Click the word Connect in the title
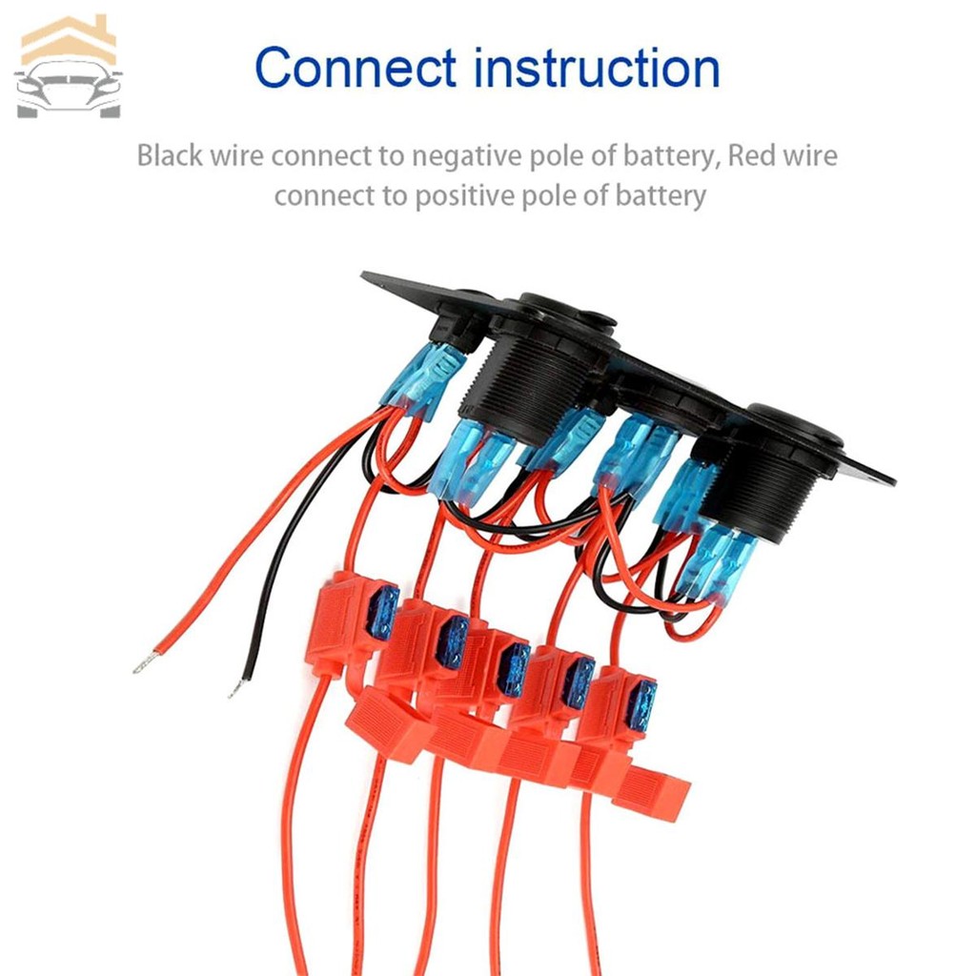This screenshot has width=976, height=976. [356, 69]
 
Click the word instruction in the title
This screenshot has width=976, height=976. [592, 69]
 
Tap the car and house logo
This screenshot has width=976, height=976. [69, 67]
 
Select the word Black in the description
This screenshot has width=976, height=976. [169, 155]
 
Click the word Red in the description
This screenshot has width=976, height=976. [749, 155]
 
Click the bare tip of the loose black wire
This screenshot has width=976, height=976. [236, 688]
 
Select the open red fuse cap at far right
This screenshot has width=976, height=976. [653, 791]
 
